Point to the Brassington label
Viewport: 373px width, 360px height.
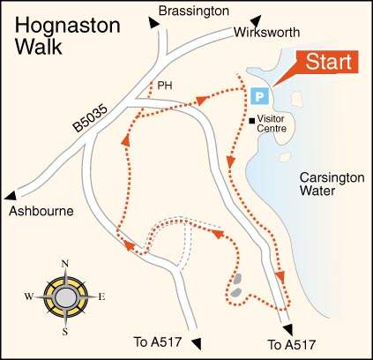coord(192,11)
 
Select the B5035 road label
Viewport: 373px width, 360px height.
coord(91,114)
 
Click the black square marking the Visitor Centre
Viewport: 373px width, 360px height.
coord(252,120)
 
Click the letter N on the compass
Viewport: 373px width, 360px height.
coord(64,263)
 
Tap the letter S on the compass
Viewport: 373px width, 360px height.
coord(65,331)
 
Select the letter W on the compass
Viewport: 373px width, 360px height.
coord(30,297)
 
